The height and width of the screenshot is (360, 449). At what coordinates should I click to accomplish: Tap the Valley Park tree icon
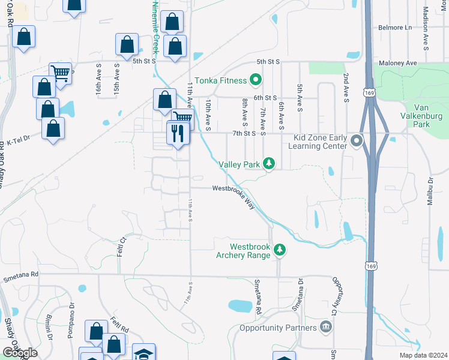pyautogui.click(x=270, y=163)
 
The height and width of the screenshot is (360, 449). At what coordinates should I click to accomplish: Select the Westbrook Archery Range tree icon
pyautogui.click(x=279, y=250)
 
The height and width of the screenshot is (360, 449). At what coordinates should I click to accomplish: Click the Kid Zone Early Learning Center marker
pyautogui.click(x=357, y=142)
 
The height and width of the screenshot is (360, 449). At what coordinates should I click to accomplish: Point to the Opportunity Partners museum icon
pyautogui.click(x=325, y=328)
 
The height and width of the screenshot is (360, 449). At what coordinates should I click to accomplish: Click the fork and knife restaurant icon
pyautogui.click(x=177, y=133)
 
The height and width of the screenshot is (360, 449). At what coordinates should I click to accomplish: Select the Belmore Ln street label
pyautogui.click(x=396, y=28)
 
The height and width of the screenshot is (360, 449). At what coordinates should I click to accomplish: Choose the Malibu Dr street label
pyautogui.click(x=430, y=191)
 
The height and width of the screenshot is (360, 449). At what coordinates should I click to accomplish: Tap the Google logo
pyautogui.click(x=20, y=353)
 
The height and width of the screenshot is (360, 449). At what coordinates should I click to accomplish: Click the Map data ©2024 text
pyautogui.click(x=423, y=355)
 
